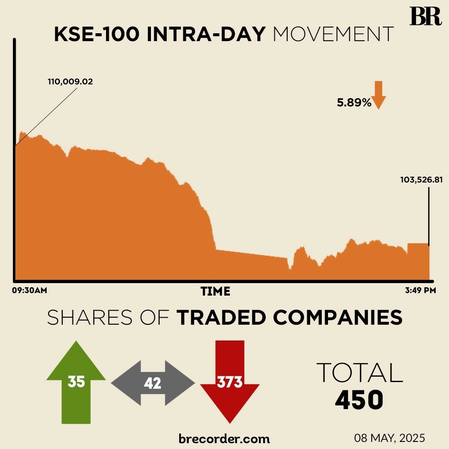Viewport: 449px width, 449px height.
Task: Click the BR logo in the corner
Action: [x=425, y=17]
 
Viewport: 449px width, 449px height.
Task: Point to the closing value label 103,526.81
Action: [x=421, y=180]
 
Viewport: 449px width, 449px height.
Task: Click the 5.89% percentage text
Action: [x=354, y=103]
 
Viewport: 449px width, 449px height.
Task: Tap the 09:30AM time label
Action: [x=29, y=291]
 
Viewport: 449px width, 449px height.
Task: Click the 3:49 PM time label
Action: [x=420, y=291]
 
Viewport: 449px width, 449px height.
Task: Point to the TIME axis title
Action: [x=215, y=291]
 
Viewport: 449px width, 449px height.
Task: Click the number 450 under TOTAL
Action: [x=359, y=400]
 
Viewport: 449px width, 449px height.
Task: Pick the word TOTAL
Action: [x=360, y=373]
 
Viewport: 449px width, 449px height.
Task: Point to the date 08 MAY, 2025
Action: [x=390, y=438]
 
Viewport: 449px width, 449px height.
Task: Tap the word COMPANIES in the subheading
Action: [x=338, y=318]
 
